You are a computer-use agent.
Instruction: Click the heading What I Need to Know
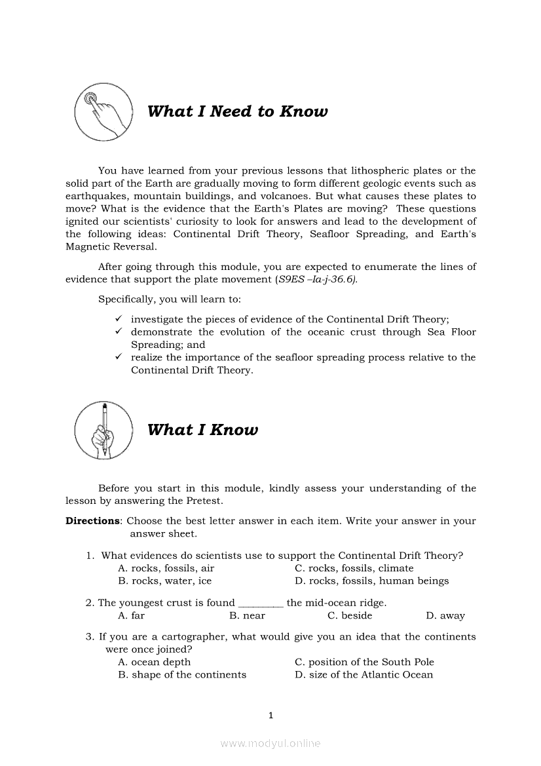pyautogui.click(x=237, y=111)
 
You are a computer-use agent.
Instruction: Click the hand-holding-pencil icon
pyautogui.click(x=103, y=431)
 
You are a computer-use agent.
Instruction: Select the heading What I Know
pyautogui.click(x=202, y=430)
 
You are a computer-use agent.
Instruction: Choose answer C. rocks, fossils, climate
pyautogui.click(x=354, y=568)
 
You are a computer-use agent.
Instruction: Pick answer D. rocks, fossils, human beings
pyautogui.click(x=371, y=581)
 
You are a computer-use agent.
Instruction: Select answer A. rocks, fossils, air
pyautogui.click(x=166, y=568)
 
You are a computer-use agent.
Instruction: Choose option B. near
pyautogui.click(x=247, y=615)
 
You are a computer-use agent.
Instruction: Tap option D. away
pyautogui.click(x=445, y=615)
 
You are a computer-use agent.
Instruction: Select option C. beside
pyautogui.click(x=350, y=615)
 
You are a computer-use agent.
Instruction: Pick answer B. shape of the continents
pyautogui.click(x=182, y=674)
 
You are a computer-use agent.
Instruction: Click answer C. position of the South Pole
pyautogui.click(x=364, y=662)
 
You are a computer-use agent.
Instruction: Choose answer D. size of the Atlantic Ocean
pyautogui.click(x=364, y=674)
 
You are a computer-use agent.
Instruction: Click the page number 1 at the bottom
pyautogui.click(x=270, y=715)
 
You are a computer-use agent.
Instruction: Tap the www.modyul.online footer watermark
pyautogui.click(x=270, y=743)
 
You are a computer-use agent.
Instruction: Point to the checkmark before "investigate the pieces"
pyautogui.click(x=119, y=319)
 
